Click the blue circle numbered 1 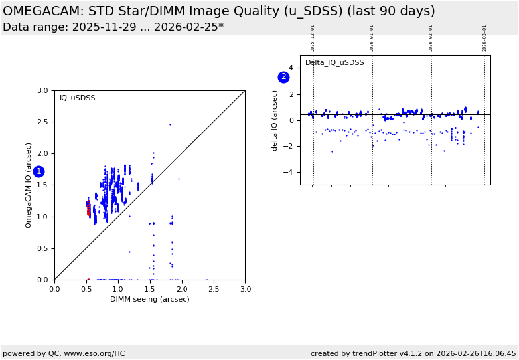pyautogui.click(x=38, y=171)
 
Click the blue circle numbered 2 pyautogui.click(x=283, y=77)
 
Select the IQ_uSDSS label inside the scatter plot pyautogui.click(x=78, y=98)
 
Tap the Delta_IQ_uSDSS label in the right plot pyautogui.click(x=334, y=63)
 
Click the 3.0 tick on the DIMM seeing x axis pyautogui.click(x=245, y=289)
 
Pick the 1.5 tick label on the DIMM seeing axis pyautogui.click(x=150, y=289)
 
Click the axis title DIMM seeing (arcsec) pyautogui.click(x=149, y=299)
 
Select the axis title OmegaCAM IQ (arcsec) pyautogui.click(x=29, y=185)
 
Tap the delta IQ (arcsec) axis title pyautogui.click(x=275, y=120)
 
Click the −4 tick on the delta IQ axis pyautogui.click(x=289, y=173)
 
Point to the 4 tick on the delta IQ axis pyautogui.click(x=291, y=68)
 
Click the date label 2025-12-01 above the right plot pyautogui.click(x=313, y=38)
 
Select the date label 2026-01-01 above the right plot pyautogui.click(x=372, y=38)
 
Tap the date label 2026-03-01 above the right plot pyautogui.click(x=484, y=38)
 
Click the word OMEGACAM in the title pyautogui.click(x=39, y=11)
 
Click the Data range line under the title pyautogui.click(x=113, y=27)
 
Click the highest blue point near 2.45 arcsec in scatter pyautogui.click(x=170, y=124)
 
